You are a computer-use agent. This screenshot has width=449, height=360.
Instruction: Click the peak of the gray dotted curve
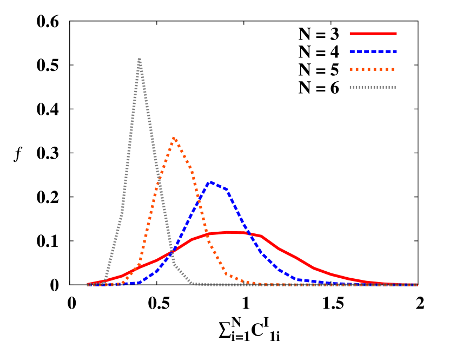point(140,58)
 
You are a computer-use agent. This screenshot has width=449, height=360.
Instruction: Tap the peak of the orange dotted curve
point(174,138)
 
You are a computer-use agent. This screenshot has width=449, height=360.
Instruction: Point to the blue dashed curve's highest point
point(210,182)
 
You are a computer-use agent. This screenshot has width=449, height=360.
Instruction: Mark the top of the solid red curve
point(230,232)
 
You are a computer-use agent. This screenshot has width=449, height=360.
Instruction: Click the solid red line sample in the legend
point(373,34)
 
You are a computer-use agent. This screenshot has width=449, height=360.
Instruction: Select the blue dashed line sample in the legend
point(373,51)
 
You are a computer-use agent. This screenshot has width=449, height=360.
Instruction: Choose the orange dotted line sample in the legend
point(373,69)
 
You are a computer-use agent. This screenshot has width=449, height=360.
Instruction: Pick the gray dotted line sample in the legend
point(373,87)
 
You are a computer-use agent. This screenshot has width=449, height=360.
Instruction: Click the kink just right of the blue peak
point(226,189)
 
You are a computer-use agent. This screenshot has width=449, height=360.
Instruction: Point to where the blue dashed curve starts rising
point(139,283)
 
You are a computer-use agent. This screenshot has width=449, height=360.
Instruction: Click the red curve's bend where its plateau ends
point(261,236)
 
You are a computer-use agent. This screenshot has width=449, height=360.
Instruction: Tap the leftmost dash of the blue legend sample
point(352,51)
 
